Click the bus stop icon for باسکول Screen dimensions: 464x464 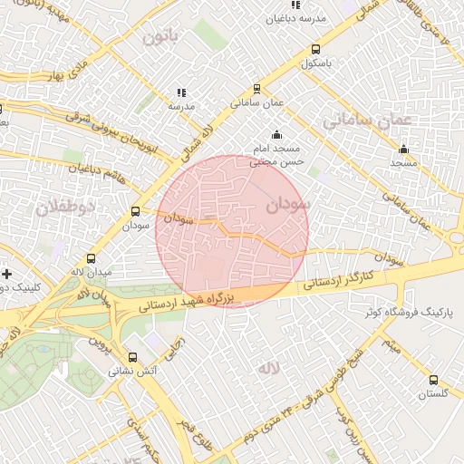[315, 50]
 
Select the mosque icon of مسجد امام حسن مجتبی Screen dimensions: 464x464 [275, 136]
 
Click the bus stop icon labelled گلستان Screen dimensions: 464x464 [433, 381]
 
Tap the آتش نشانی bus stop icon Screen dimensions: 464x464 [134, 357]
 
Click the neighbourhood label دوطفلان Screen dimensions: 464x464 [65, 208]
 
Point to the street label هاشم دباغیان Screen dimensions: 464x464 [95, 169]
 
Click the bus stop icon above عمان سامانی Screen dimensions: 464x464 [257, 89]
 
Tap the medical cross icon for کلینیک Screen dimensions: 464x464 [7, 273]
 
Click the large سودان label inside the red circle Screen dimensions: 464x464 [287, 205]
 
